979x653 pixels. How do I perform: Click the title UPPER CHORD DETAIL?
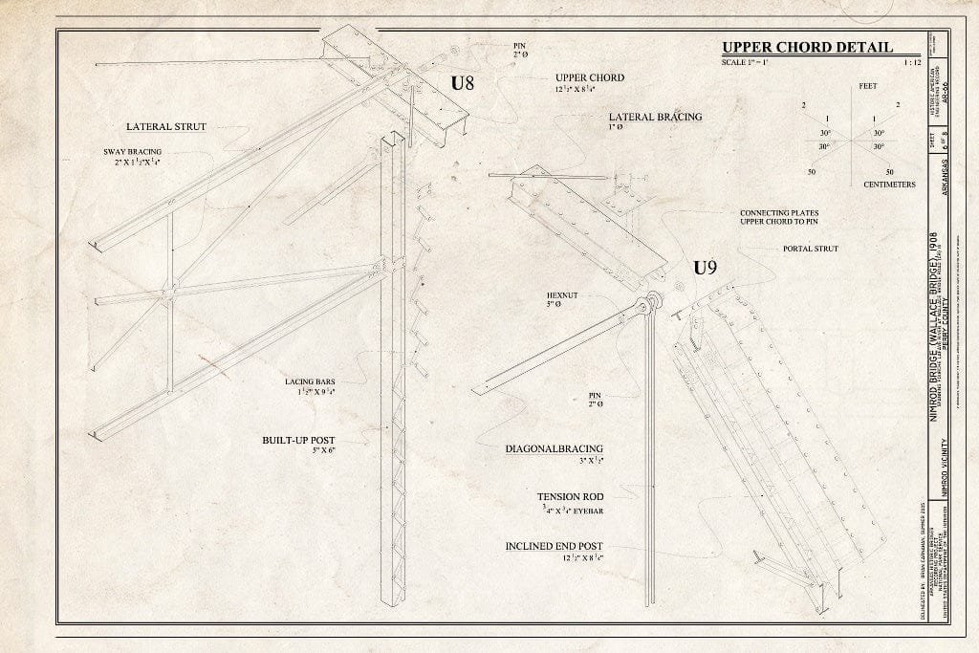coord(807,47)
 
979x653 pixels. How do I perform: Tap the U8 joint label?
coord(464,83)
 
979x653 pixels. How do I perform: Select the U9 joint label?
coord(705,269)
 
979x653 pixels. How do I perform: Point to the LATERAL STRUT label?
coord(165,126)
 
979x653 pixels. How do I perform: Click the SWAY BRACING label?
coord(132,151)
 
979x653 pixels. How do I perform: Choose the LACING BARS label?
coord(308,381)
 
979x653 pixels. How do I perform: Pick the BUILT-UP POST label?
coord(299,440)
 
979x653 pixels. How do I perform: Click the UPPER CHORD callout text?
coord(590,77)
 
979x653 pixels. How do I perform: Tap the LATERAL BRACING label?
coord(655,117)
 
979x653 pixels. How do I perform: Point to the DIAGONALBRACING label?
coord(561,447)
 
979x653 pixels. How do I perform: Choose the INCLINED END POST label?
coord(560,546)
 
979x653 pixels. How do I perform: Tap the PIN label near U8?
coord(519,44)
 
